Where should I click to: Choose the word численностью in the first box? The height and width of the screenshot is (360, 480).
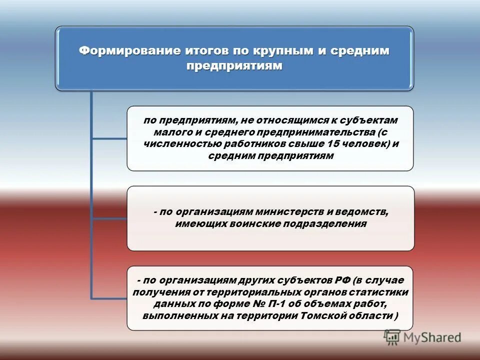click(x=175, y=144)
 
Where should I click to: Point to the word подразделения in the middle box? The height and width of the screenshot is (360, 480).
click(x=325, y=224)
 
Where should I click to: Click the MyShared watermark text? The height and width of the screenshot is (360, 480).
click(x=432, y=337)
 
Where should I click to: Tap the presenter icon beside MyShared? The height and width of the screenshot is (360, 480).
click(x=392, y=337)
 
